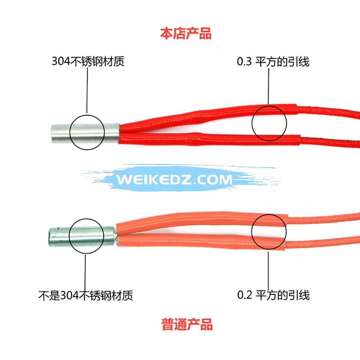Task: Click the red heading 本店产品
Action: tap(186, 34)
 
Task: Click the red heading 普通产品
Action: tap(187, 324)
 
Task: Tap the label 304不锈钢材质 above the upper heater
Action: tap(88, 61)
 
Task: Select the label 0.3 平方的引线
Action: tap(273, 62)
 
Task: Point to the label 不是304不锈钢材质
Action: tap(86, 295)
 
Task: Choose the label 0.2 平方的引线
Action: tap(274, 295)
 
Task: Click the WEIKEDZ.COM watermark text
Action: tap(174, 179)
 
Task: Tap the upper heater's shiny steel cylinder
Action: tap(85, 133)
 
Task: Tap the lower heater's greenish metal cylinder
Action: tap(82, 236)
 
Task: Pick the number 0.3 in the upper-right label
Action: tap(244, 62)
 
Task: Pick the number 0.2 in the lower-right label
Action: tap(244, 295)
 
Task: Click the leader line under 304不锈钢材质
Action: tap(87, 90)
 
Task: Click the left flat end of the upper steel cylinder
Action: tap(52, 134)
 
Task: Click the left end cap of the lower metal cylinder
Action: tap(50, 237)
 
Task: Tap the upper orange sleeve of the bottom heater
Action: tap(202, 222)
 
